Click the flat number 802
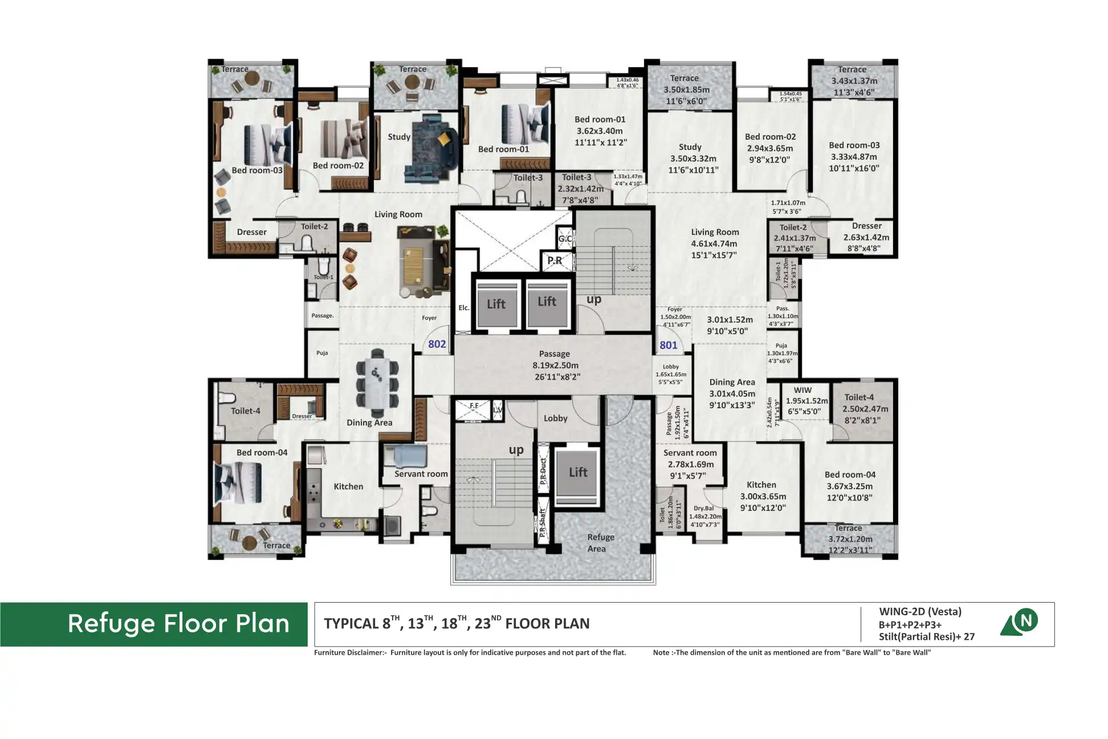coord(437,344)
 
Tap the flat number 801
coord(668,345)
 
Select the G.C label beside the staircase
coord(565,238)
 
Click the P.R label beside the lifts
coord(555,261)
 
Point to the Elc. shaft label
coord(464,308)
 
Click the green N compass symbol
coord(1026,620)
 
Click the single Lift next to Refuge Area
coord(577,473)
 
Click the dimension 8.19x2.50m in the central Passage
coord(555,366)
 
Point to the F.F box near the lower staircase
coord(474,406)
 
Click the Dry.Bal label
coord(703,508)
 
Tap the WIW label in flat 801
coord(803,391)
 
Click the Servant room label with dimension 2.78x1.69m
coord(690,453)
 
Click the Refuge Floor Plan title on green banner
coord(178,624)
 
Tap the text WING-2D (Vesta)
coord(920,612)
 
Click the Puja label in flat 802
coord(322,353)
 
